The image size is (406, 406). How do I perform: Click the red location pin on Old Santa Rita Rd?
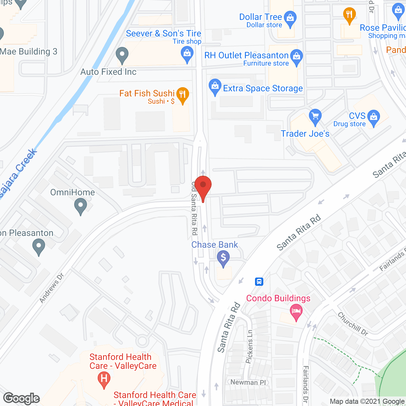point(203,186)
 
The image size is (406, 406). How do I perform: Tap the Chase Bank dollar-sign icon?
point(223,258)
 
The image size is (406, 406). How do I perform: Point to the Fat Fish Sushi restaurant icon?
point(182,95)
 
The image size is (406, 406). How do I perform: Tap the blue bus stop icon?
point(259,281)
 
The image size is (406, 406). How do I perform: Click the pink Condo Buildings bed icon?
point(296,312)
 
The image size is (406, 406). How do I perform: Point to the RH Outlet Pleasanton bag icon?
point(297,57)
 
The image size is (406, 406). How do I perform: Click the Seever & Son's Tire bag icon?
point(187,53)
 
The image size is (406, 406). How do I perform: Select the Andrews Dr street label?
point(52,288)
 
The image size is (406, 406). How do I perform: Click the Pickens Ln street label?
point(250,346)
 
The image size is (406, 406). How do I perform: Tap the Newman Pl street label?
point(248,382)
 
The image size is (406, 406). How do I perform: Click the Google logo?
point(22,398)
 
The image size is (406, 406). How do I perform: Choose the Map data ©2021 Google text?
point(367,402)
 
